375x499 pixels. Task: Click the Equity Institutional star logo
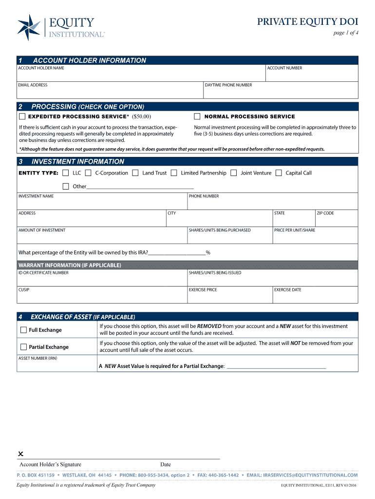pos(29,27)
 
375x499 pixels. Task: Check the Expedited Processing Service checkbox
pos(22,116)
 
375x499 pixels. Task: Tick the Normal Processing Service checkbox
pos(197,116)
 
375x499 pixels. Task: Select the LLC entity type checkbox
pos(66,173)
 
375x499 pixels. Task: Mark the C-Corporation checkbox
pos(88,173)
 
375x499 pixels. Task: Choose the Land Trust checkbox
pos(135,173)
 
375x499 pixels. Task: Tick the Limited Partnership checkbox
pos(174,173)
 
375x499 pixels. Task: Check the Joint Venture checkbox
pos(234,173)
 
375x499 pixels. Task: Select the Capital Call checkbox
pos(279,173)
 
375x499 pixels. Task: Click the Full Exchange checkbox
pos(23,330)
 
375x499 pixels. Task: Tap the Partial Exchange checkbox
pos(23,347)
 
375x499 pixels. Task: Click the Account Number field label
pos(284,68)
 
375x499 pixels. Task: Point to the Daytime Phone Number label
pos(228,85)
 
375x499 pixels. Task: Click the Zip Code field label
pos(325,213)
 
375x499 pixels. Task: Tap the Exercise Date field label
pos(287,290)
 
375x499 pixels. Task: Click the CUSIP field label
pos(24,290)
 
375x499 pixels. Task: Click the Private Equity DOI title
pos(308,21)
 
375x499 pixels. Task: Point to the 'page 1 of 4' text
pos(345,33)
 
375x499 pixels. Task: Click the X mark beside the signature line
pos(21,454)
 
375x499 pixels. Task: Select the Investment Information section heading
pos(78,161)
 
